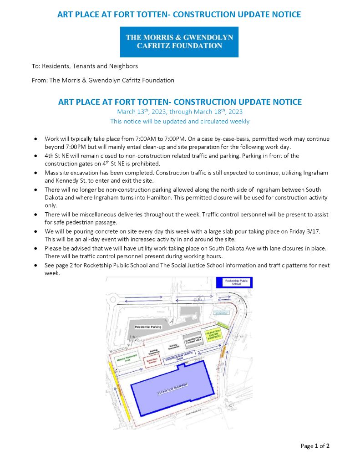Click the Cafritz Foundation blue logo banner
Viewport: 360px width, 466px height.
click(179, 41)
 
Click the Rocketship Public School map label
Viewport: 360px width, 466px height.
click(234, 282)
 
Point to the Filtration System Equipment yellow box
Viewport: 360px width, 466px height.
click(212, 336)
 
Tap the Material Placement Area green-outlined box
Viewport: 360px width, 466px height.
click(124, 358)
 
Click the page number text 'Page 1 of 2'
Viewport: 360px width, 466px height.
click(315, 446)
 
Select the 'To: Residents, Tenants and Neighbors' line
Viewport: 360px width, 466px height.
click(85, 66)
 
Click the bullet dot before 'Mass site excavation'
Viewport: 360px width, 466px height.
click(35, 173)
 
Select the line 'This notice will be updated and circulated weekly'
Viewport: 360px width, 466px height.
click(180, 121)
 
